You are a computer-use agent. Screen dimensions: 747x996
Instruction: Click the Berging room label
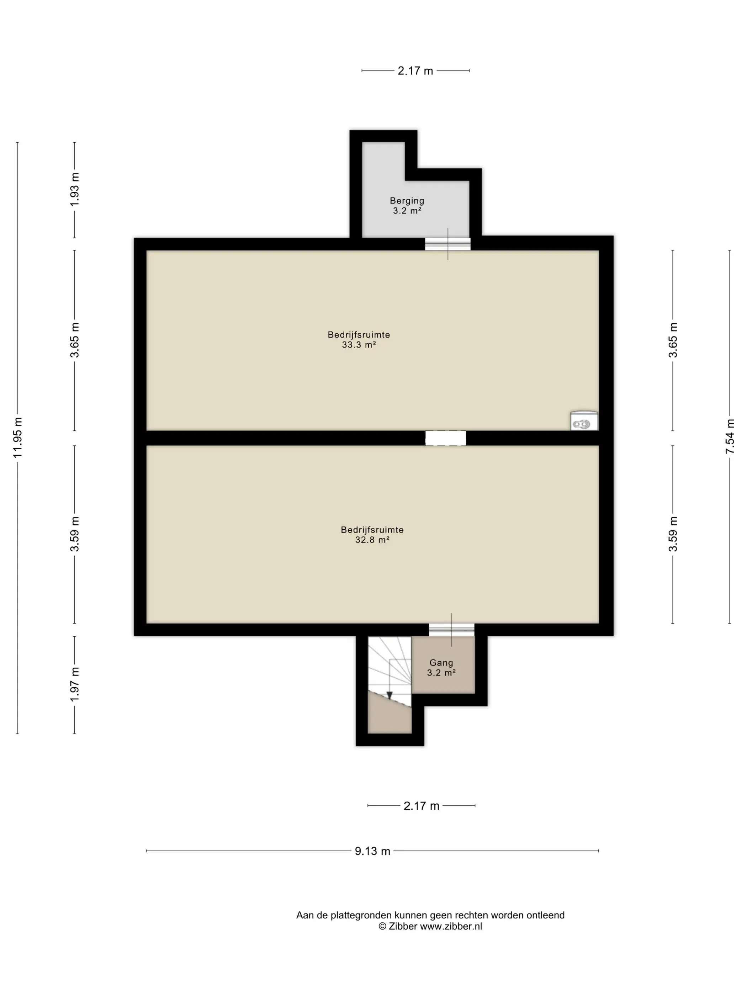(x=407, y=201)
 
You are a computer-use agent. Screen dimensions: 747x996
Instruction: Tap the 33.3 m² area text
(x=359, y=345)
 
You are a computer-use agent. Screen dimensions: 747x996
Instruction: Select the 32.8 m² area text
(x=372, y=540)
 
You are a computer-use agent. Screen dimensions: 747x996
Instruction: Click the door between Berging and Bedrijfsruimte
(x=447, y=244)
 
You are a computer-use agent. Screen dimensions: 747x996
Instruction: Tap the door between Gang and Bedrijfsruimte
(x=452, y=630)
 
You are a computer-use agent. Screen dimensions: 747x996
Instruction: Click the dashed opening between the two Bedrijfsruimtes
(x=446, y=438)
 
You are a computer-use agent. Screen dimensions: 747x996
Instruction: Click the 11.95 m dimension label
(x=17, y=438)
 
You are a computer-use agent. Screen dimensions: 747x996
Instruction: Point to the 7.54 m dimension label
(x=730, y=436)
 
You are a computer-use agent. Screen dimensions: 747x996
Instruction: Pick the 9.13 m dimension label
(x=372, y=851)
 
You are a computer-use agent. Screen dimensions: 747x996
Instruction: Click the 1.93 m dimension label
(x=75, y=190)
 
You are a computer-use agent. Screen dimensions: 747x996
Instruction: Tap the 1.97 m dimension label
(x=75, y=684)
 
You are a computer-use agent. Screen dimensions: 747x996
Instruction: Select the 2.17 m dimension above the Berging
(x=415, y=71)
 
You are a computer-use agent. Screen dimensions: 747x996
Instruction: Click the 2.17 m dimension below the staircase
(x=421, y=806)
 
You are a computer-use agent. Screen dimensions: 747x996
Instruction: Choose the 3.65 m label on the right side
(x=673, y=340)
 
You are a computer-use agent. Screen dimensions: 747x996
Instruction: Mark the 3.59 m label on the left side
(x=75, y=534)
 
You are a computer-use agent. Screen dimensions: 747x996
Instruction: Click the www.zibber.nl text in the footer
(x=451, y=926)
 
